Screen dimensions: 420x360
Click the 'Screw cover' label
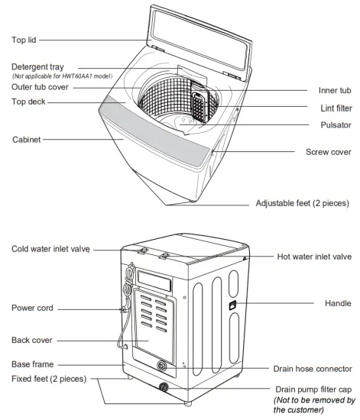coord(327,152)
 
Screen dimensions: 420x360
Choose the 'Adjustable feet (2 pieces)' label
coord(302,204)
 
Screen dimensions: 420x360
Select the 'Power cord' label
coord(32,309)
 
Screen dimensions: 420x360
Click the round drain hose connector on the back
coord(161,366)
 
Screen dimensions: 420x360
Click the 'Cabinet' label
coord(28,140)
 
